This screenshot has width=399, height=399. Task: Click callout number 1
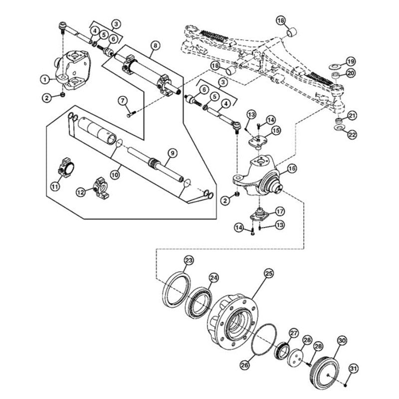(x=45, y=80)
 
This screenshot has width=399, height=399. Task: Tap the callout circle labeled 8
(x=155, y=46)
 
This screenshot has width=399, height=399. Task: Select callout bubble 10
(x=115, y=175)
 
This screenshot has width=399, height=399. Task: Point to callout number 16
(x=292, y=168)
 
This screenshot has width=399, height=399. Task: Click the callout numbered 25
(x=269, y=273)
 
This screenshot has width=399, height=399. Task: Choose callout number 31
(x=353, y=369)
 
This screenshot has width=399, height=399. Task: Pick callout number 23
(x=189, y=260)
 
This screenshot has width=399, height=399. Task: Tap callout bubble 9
(x=173, y=153)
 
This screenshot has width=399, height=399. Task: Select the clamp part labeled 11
(x=66, y=167)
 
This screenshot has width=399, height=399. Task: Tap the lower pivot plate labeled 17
(x=259, y=215)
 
